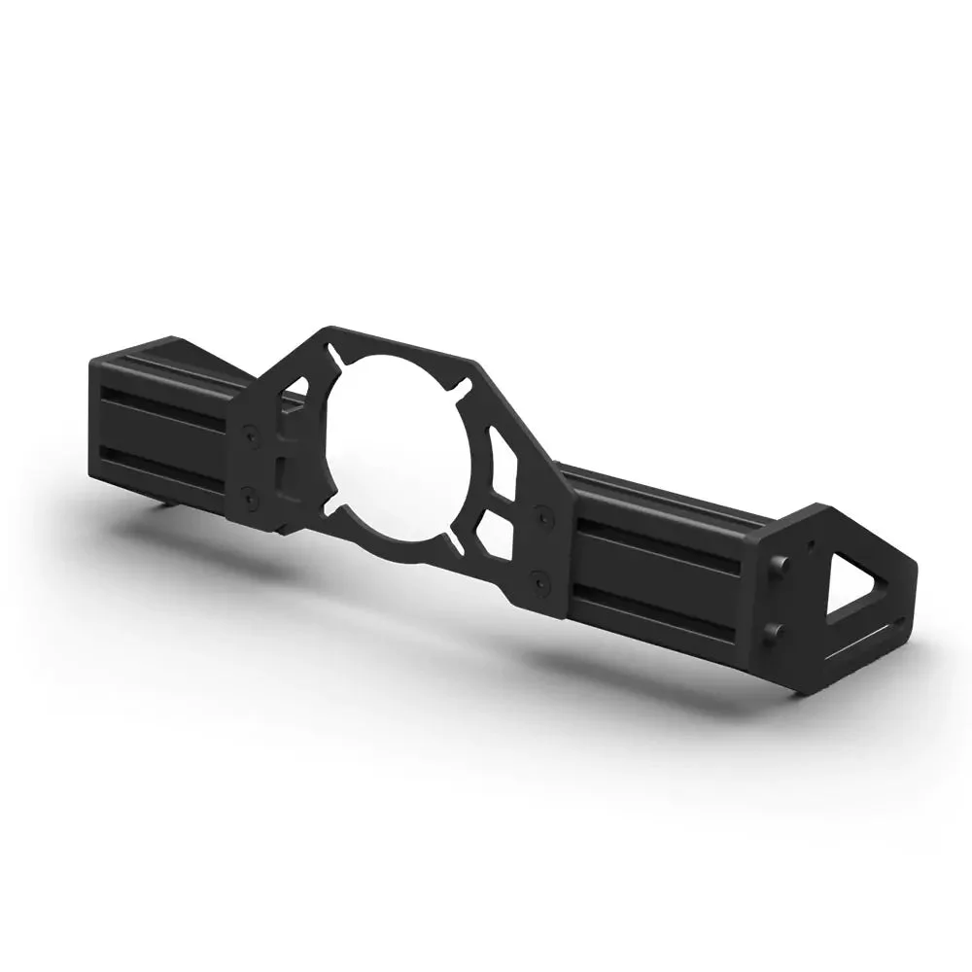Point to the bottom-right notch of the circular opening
(457, 534)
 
